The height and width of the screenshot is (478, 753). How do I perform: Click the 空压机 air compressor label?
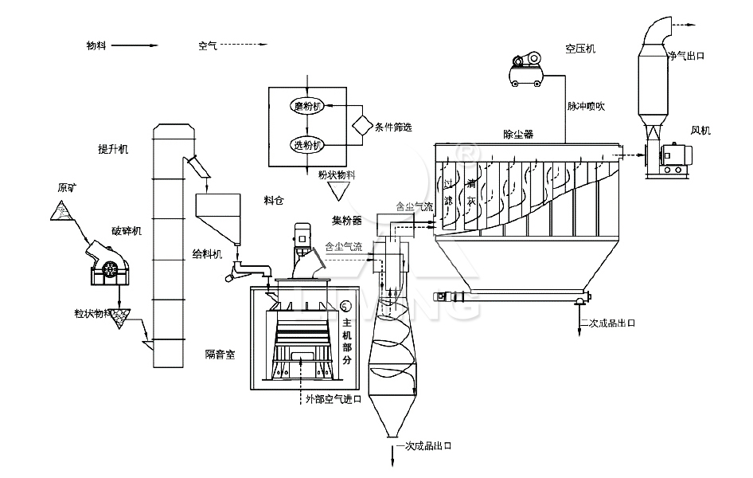pos(581,48)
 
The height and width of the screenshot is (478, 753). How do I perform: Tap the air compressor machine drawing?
pos(526,68)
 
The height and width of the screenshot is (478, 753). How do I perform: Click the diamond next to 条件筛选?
pos(362,125)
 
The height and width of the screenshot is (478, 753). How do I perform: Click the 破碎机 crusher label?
pos(126,231)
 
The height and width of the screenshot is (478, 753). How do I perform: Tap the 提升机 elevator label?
pos(113,149)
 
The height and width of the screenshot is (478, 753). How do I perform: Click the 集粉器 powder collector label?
pos(347,217)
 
